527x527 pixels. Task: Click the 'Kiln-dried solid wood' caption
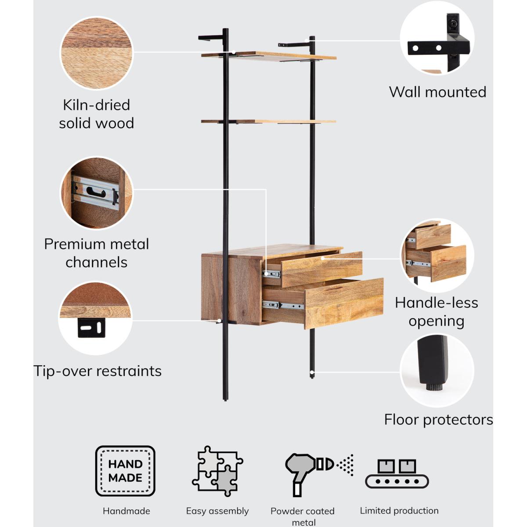pyautogui.click(x=97, y=114)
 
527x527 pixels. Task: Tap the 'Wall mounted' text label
pyautogui.click(x=437, y=92)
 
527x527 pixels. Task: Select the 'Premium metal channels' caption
pyautogui.click(x=97, y=253)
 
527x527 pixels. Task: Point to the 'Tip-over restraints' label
pyautogui.click(x=97, y=371)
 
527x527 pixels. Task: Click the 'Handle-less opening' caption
pyautogui.click(x=437, y=312)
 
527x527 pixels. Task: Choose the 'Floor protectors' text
pyautogui.click(x=438, y=420)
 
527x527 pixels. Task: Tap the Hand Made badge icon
pyautogui.click(x=125, y=471)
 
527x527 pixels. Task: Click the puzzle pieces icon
pyautogui.click(x=217, y=471)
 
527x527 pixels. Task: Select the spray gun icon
pyautogui.click(x=318, y=472)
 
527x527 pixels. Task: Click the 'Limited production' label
pyautogui.click(x=399, y=511)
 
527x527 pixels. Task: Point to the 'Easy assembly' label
pyautogui.click(x=217, y=511)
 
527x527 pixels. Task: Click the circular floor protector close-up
pyautogui.click(x=437, y=370)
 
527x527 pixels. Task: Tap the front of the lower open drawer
pyautogui.click(x=344, y=303)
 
